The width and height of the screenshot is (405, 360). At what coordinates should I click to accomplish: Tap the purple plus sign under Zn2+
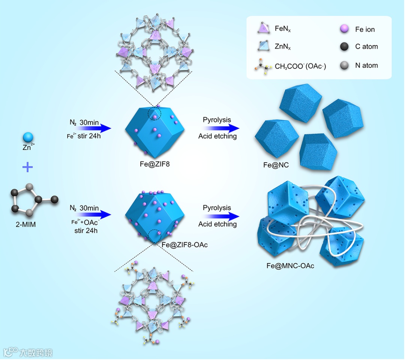27,167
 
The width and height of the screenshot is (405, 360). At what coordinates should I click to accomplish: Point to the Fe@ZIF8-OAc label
184,245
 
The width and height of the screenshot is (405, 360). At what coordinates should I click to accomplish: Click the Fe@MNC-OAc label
290,266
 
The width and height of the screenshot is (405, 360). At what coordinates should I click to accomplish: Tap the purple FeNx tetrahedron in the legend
262,29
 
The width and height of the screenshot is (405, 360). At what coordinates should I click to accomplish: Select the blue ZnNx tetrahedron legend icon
262,46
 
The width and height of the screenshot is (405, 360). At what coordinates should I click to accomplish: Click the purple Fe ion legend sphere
344,29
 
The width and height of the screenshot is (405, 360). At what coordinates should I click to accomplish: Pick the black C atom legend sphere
344,47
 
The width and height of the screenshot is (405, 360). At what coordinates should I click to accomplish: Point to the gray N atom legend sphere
344,65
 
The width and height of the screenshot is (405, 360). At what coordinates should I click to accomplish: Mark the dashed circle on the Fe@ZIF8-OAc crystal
156,236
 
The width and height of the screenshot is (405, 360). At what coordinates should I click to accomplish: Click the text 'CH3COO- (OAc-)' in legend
300,66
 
